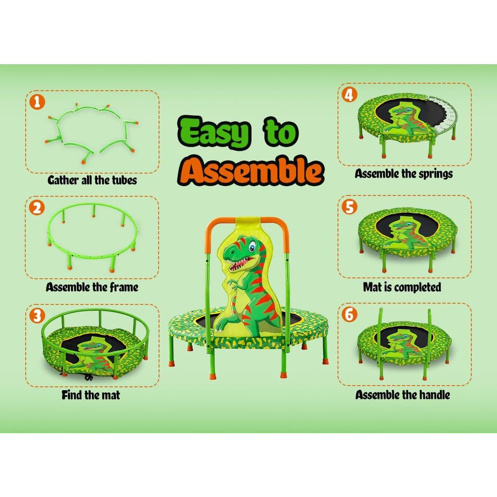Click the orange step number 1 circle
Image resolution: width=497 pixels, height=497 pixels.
click(x=38, y=101)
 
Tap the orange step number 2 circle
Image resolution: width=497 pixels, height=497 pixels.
click(x=38, y=207)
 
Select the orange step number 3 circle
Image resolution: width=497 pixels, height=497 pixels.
click(x=38, y=316)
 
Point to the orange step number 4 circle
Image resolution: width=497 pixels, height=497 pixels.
click(x=350, y=95)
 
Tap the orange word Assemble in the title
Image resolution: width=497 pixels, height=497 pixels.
click(x=253, y=170)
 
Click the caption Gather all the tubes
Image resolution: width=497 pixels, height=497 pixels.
click(x=92, y=180)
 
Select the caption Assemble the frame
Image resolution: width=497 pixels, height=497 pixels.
click(x=92, y=287)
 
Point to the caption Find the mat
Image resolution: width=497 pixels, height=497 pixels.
click(x=91, y=395)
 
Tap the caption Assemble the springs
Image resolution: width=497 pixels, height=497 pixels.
click(x=403, y=174)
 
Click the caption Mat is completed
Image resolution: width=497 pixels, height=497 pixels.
click(x=402, y=287)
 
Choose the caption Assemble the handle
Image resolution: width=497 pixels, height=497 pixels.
click(x=403, y=395)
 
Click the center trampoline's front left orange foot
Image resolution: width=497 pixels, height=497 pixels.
click(x=171, y=363)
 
